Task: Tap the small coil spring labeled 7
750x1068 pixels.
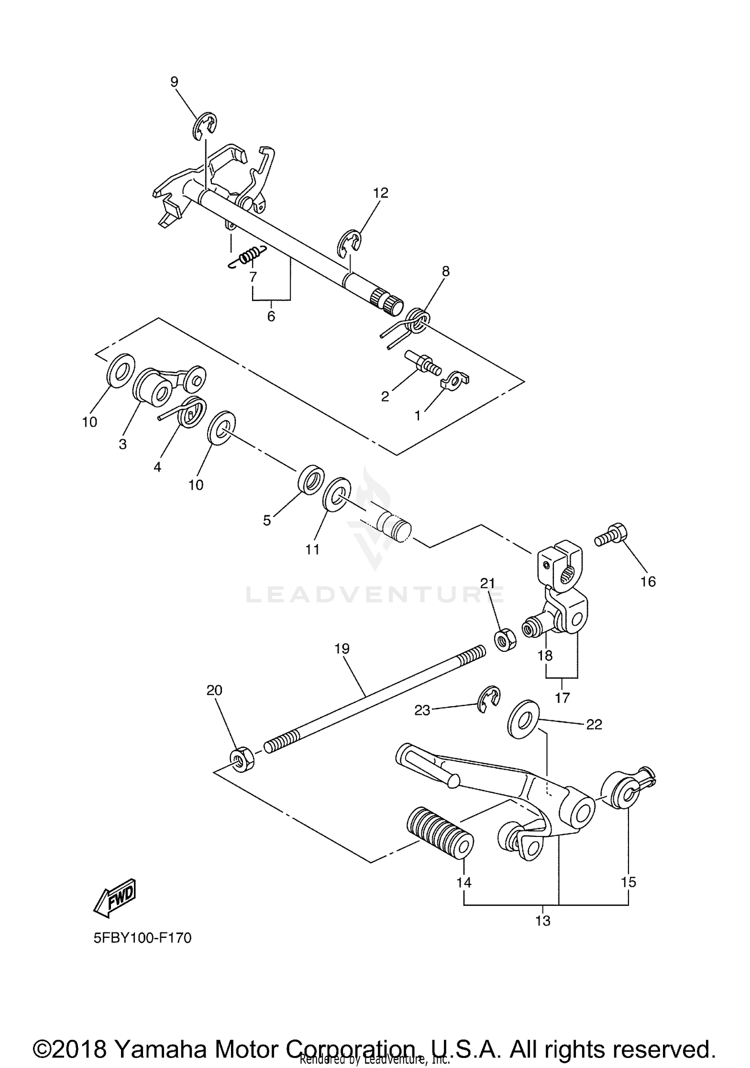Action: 247,257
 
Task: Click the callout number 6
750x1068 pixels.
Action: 271,316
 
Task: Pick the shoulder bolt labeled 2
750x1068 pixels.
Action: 422,362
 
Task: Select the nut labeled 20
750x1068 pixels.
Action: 242,761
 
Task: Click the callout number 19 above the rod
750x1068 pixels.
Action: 342,649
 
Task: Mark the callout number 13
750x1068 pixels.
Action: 542,920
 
